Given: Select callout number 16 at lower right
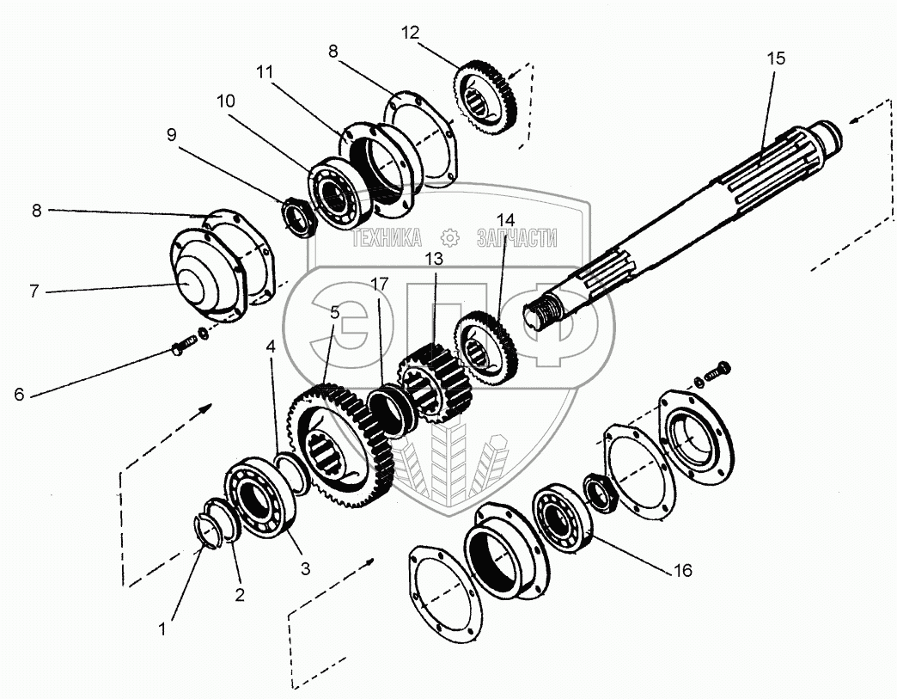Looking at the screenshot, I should point(682,570).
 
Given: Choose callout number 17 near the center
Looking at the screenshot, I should point(378,283).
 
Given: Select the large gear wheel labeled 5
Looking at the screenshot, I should point(342,438).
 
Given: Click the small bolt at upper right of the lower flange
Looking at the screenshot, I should point(717,371).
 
